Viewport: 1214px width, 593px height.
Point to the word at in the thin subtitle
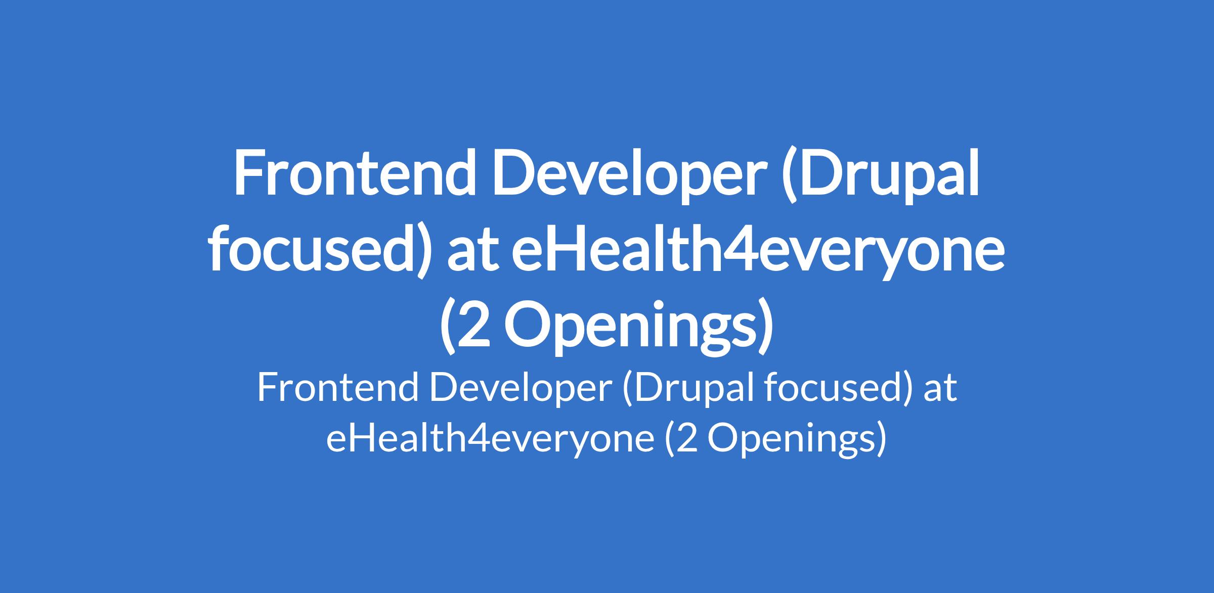point(940,392)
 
